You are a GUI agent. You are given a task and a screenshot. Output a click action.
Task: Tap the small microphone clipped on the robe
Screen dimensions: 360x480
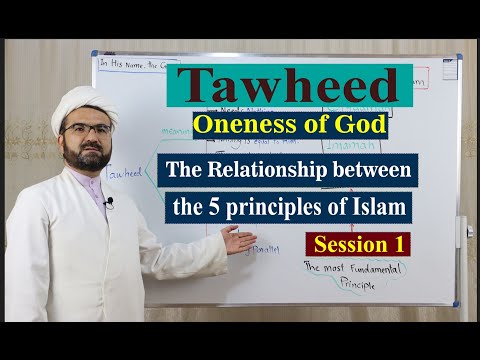(x=108, y=202)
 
